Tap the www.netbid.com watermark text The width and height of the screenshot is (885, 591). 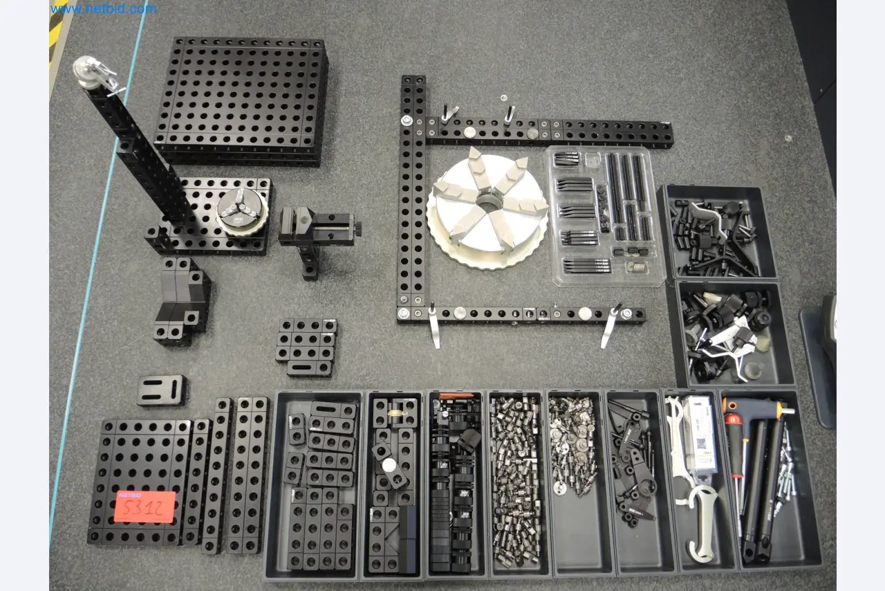pyautogui.click(x=104, y=9)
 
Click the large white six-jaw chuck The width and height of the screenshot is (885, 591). pyautogui.click(x=487, y=208)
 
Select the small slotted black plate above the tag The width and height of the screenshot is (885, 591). pyautogui.click(x=162, y=390)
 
